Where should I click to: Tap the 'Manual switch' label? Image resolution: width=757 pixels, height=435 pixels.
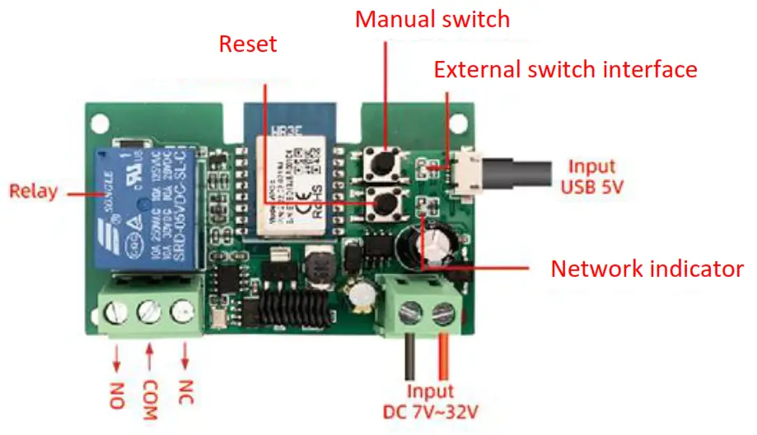(432, 18)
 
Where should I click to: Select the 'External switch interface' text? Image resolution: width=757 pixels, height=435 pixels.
(565, 69)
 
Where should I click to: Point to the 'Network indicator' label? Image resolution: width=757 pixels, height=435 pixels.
(647, 269)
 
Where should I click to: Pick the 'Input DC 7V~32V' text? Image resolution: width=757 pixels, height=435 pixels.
(429, 402)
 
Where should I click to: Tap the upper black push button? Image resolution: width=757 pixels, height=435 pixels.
(381, 162)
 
